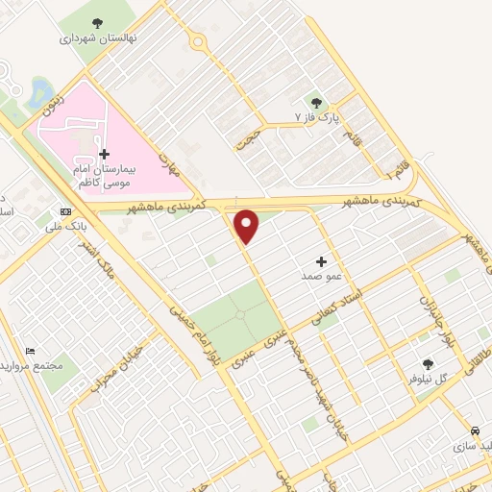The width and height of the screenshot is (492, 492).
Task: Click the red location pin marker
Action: pyautogui.click(x=247, y=226)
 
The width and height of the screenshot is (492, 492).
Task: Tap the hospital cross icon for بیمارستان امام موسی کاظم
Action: pyautogui.click(x=104, y=154)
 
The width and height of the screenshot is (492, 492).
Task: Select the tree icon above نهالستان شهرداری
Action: pyautogui.click(x=97, y=23)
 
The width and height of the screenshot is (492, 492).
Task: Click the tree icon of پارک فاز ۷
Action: pyautogui.click(x=316, y=102)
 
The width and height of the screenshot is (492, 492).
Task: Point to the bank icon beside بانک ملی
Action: pyautogui.click(x=65, y=211)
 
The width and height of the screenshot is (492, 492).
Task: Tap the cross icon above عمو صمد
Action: pyautogui.click(x=321, y=260)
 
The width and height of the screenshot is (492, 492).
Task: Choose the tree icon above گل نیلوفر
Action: pyautogui.click(x=428, y=364)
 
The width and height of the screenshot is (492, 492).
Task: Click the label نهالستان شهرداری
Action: pyautogui.click(x=98, y=38)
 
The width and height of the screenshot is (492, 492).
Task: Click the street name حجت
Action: pyautogui.click(x=249, y=136)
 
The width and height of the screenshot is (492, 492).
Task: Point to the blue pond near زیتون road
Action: pyautogui.click(x=42, y=93)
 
